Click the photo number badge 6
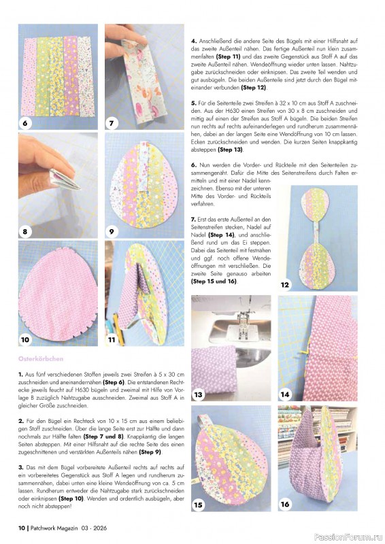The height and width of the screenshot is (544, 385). (x=25, y=124)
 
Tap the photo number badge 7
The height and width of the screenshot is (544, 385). (x=113, y=124)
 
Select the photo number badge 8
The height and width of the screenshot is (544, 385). (x=25, y=231)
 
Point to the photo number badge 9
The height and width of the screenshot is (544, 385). (x=113, y=231)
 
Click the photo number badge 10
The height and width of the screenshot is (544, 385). (x=25, y=339)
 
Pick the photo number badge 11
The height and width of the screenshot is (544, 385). (x=113, y=339)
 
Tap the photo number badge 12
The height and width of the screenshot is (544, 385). (x=286, y=285)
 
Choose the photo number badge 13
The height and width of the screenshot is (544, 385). (x=199, y=394)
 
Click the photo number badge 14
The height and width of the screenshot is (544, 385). (x=286, y=394)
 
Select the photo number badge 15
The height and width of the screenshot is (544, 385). (x=199, y=504)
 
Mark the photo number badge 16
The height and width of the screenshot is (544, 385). (x=286, y=504)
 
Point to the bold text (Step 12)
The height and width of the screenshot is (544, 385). (x=253, y=88)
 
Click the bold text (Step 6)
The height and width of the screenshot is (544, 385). (x=119, y=382)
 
